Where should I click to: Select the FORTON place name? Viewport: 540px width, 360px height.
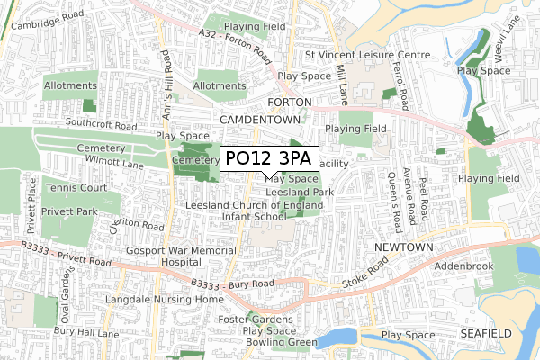(x=289, y=103)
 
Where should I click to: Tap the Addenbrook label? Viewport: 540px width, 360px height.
(x=464, y=268)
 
